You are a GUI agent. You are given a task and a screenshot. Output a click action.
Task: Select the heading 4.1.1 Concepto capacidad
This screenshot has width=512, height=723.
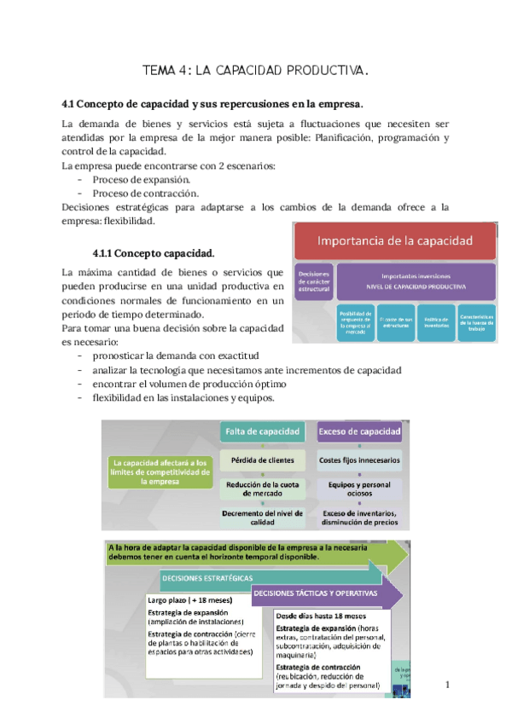pos(154,253)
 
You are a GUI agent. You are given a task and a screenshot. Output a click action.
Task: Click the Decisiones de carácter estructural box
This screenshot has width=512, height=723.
pos(312,281)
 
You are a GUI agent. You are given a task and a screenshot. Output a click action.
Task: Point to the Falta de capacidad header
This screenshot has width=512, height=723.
pos(263,432)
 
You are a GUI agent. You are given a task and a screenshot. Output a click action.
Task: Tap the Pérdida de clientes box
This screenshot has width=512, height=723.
pos(263,461)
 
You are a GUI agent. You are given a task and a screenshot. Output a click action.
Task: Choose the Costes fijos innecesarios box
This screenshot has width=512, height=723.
pos(358,461)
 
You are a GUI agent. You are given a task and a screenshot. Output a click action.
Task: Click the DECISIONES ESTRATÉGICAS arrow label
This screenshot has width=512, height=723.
pos(207,577)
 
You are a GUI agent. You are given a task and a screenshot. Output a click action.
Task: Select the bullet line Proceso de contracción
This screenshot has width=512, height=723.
pos(145,194)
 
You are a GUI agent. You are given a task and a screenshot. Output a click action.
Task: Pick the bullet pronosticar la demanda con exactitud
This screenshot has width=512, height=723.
pos(175,356)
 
